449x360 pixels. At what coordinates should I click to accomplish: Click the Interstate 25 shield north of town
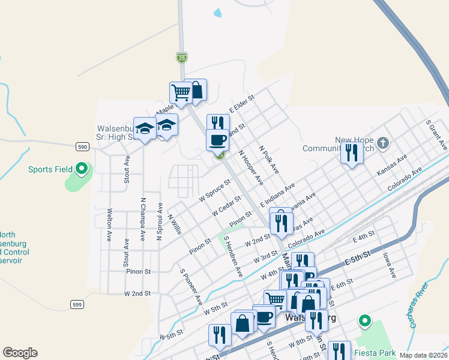tap(182, 58)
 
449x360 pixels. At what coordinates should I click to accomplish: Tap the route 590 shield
tap(83, 146)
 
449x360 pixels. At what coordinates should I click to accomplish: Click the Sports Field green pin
tap(82, 169)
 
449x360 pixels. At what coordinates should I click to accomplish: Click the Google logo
tap(20, 353)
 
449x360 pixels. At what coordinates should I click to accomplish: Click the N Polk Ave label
tap(269, 159)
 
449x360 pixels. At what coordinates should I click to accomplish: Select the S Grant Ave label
tap(437, 134)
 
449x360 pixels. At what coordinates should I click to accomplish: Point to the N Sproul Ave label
tap(160, 221)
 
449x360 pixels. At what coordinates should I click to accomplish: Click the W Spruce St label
tap(215, 190)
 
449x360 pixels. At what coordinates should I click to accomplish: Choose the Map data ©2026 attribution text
tap(423, 355)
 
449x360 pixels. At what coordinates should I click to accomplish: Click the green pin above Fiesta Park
tap(364, 321)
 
